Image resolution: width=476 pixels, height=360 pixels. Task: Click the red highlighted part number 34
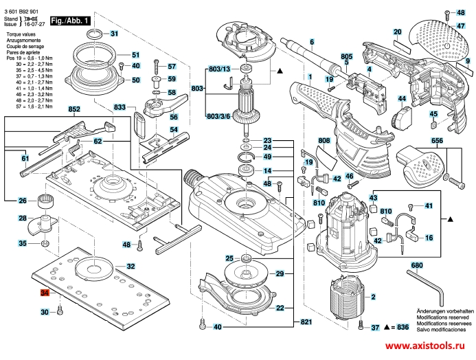tap(45, 293)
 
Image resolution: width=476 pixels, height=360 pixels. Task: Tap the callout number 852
tap(74, 110)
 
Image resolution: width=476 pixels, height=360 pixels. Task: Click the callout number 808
tap(325, 141)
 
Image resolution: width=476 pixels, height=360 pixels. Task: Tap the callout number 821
tap(307, 323)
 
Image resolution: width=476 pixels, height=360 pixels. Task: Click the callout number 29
tap(280, 274)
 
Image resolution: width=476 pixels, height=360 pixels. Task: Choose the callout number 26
tap(23, 201)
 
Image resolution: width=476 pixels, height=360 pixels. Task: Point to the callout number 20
tap(397, 32)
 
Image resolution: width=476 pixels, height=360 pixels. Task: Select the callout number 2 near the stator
tap(374, 297)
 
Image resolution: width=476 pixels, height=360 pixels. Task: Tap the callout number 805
tap(346, 58)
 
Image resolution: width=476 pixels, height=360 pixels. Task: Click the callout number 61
tap(25, 159)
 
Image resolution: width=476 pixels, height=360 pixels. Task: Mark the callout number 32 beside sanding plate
tap(131, 266)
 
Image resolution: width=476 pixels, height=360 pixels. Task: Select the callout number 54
tap(174, 131)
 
